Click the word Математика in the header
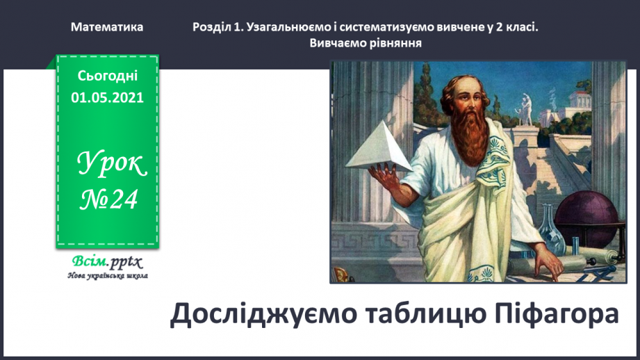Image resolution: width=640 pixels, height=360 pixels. (x=107, y=27)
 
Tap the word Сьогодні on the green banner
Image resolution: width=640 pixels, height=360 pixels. (x=107, y=75)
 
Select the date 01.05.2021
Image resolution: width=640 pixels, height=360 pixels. (x=107, y=97)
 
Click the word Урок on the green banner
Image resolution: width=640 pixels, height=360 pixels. (x=111, y=164)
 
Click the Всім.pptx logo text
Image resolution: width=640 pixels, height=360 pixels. (x=107, y=262)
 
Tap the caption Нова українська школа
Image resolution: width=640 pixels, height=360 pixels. (x=107, y=276)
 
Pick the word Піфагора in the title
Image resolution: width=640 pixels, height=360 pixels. (x=552, y=314)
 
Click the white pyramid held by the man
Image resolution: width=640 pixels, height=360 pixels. (x=379, y=147)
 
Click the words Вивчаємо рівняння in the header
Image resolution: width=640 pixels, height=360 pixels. (x=366, y=42)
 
